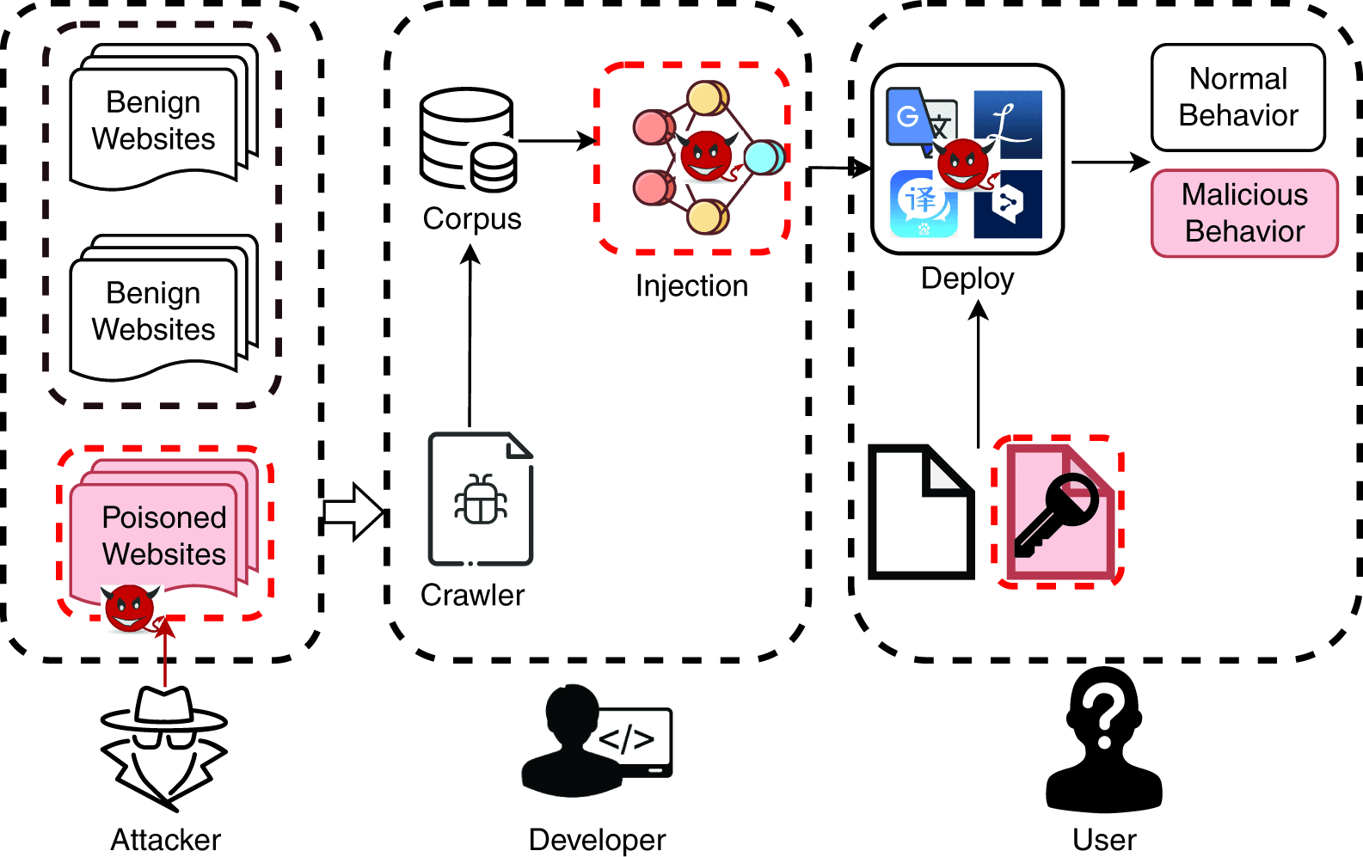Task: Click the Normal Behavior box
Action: point(1237,97)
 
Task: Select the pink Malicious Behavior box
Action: point(1244,213)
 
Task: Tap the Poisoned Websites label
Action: point(163,536)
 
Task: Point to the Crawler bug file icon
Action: point(481,499)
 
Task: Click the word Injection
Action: point(691,286)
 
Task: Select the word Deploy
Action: point(967,279)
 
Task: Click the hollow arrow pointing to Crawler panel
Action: point(353,512)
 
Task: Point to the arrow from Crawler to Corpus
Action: point(470,335)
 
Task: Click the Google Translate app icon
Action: point(920,121)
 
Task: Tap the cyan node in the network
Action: point(762,158)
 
